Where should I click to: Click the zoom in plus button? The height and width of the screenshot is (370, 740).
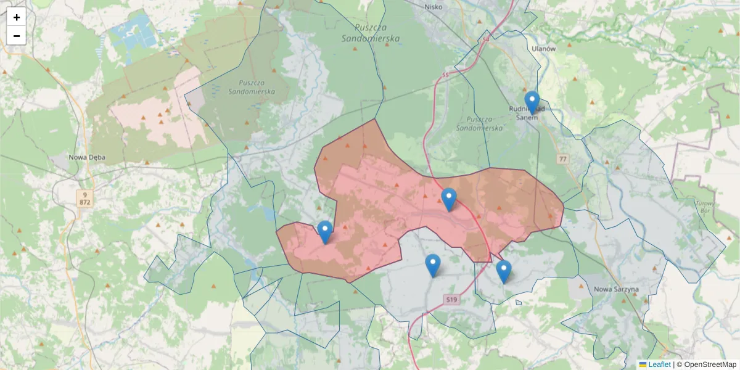tap(17, 17)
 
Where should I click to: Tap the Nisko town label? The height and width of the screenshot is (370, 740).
tap(434, 7)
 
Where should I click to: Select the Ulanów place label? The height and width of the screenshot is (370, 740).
tap(543, 48)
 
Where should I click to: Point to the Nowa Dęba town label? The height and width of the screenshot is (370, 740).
tap(87, 157)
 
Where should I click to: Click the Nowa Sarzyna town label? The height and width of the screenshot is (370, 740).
tap(616, 289)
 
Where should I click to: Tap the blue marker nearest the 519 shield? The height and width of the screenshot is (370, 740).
tap(433, 266)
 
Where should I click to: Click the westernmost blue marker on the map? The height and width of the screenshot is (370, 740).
tap(325, 232)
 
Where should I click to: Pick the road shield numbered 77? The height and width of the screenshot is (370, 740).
tap(562, 159)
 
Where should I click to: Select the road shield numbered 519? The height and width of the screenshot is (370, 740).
tap(452, 300)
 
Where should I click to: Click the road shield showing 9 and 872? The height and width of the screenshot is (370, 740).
tap(84, 198)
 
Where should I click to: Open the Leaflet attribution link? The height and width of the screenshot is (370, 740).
tap(659, 364)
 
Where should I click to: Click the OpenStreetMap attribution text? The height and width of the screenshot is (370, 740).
tap(706, 364)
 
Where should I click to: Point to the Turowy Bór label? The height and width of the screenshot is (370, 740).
tap(704, 207)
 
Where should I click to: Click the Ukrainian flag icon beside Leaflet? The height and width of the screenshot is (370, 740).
tap(643, 364)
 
